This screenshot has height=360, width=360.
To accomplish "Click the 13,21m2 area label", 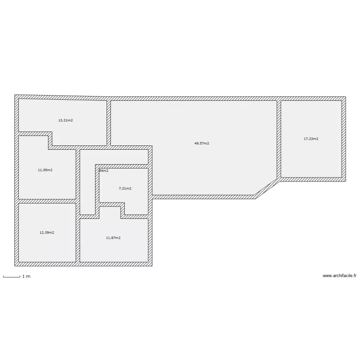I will click(65, 120).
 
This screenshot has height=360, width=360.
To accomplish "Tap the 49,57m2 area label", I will click(202, 143).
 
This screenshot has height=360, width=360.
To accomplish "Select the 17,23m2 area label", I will click(311, 139).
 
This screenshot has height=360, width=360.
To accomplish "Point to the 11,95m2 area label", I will click(45, 170).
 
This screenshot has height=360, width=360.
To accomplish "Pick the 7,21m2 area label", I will click(125, 188).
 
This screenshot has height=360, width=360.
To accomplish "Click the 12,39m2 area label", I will click(47, 232).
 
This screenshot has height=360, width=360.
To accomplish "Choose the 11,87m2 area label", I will click(113, 237).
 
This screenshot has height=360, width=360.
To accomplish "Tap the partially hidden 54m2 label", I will click(104, 170).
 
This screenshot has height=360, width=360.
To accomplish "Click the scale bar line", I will click(12, 276).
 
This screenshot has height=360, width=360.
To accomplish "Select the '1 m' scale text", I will click(26, 276).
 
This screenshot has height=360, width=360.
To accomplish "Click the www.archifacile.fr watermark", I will click(340, 276).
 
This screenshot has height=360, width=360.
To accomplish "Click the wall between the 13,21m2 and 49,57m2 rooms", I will click(109, 122).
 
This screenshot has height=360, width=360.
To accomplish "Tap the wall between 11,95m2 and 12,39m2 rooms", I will click(47, 201).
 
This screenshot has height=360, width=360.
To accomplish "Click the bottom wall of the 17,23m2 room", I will click(312, 179).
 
